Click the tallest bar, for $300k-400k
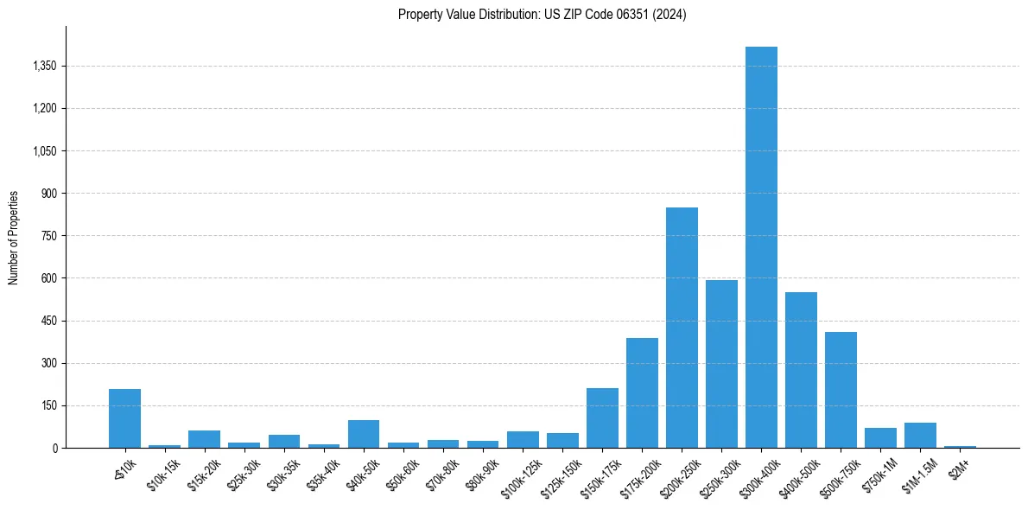[x=761, y=247]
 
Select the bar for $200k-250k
[x=682, y=328]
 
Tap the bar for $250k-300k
[x=721, y=364]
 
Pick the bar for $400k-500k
[x=801, y=370]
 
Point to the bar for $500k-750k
[x=841, y=390]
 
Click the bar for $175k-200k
[x=642, y=393]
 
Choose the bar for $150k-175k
[x=602, y=418]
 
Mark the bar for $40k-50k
[x=364, y=434]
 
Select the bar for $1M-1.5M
[x=920, y=436]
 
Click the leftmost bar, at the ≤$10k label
[x=124, y=418]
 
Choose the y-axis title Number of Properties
[x=14, y=238]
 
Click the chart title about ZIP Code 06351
[x=542, y=15]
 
